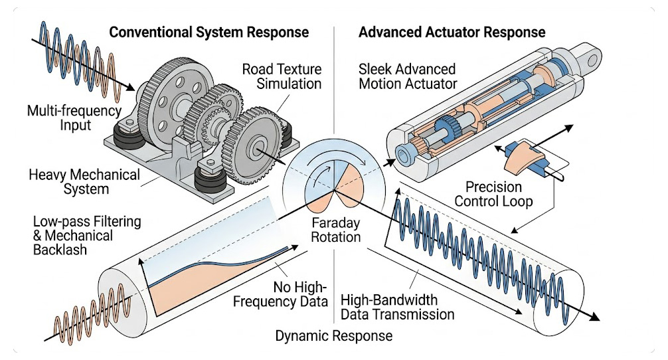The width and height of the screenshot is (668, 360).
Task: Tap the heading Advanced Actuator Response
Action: [x=452, y=32]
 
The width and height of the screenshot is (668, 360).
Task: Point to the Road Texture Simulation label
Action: [x=282, y=76]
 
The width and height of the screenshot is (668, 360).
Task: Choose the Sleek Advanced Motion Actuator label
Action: [x=407, y=76]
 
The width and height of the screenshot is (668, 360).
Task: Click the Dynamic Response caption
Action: [x=334, y=336]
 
